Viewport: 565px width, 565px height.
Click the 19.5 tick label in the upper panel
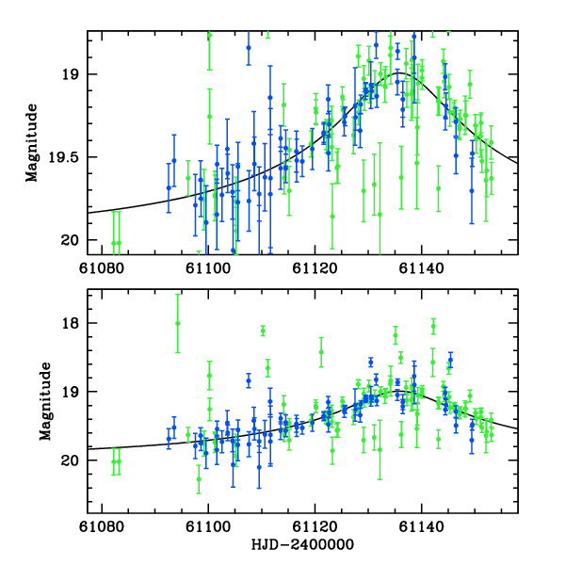[66, 157]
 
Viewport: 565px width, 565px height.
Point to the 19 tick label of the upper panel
[74, 74]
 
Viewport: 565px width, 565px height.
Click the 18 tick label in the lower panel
[74, 323]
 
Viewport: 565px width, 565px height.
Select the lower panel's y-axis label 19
[74, 392]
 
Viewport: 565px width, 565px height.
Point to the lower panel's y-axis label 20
[74, 460]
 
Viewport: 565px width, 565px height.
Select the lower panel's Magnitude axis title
[44, 400]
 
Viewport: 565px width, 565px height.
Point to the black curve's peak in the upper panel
[400, 73]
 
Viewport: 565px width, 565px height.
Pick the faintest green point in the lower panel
[199, 478]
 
